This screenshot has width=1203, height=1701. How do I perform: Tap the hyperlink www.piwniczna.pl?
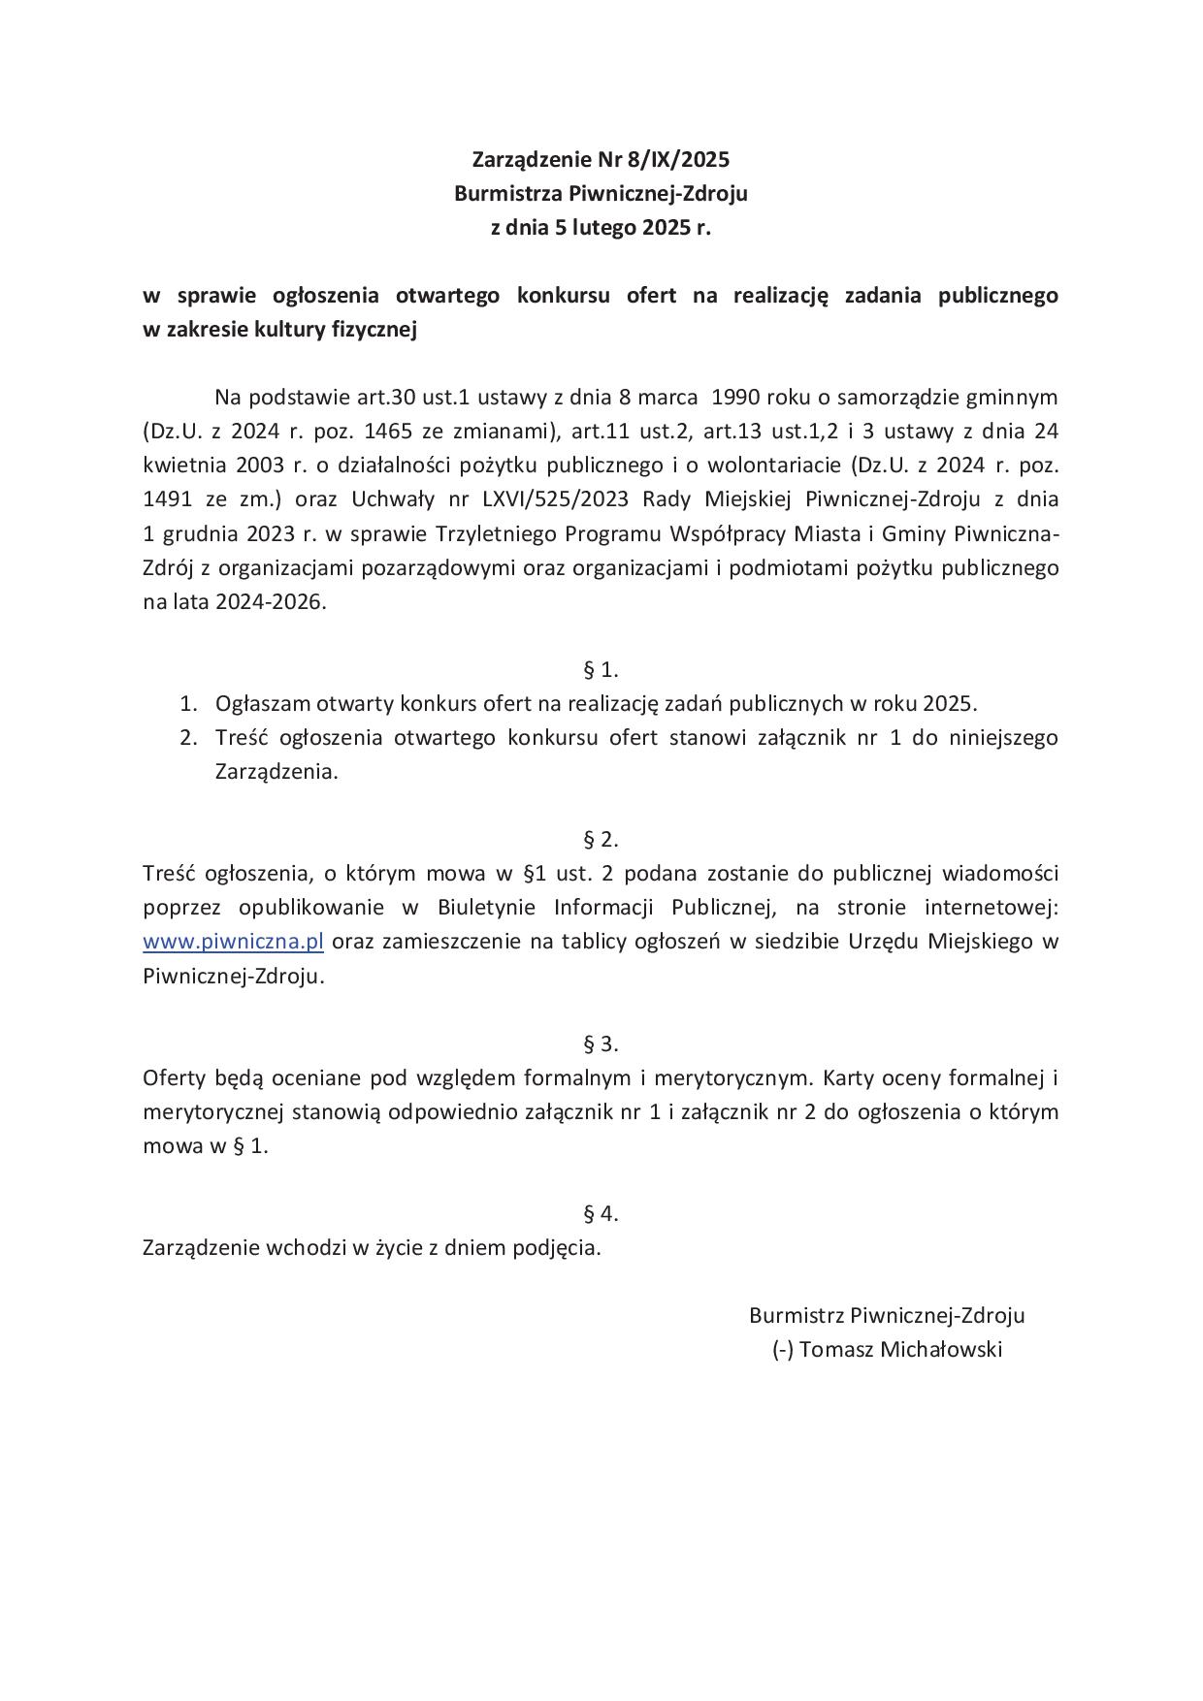[x=233, y=942]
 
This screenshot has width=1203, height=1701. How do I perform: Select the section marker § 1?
[x=601, y=669]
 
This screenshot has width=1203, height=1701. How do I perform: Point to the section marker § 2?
[x=601, y=839]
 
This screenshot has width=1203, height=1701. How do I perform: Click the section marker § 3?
[x=601, y=1043]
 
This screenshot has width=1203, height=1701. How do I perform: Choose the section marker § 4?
[x=601, y=1213]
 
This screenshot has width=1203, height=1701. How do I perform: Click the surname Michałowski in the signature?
[x=940, y=1349]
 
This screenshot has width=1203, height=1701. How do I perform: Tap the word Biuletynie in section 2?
[x=486, y=908]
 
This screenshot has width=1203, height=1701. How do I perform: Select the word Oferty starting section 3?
[x=173, y=1077]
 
